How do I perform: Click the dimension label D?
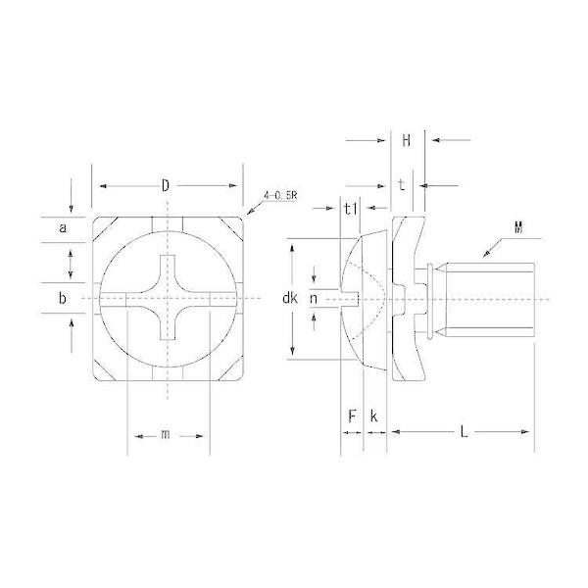tap(166, 185)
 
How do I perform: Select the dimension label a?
tap(63, 227)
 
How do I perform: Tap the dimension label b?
tap(63, 298)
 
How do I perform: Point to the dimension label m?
tap(165, 434)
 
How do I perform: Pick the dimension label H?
tap(406, 141)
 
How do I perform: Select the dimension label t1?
tap(351, 209)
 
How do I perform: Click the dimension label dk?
tap(290, 298)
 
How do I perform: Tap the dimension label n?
tap(314, 299)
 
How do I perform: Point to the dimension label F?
tap(352, 416)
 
